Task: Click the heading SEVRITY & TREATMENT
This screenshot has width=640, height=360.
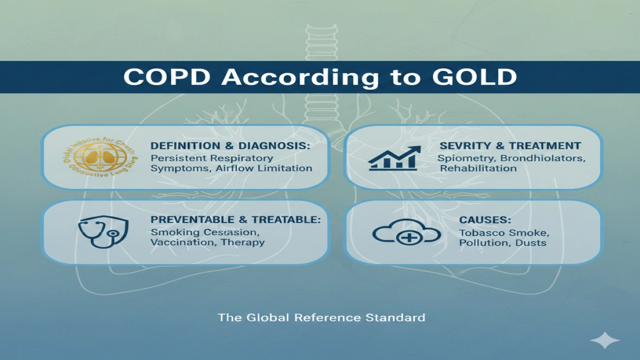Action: tap(510, 146)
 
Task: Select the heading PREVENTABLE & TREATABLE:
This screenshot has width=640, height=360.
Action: tap(236, 220)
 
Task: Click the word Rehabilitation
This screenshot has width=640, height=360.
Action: tap(478, 169)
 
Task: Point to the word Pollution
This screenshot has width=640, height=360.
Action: tap(480, 243)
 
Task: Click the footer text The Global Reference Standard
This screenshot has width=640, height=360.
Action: tap(322, 318)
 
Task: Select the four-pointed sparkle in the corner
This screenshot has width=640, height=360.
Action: tap(605, 341)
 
